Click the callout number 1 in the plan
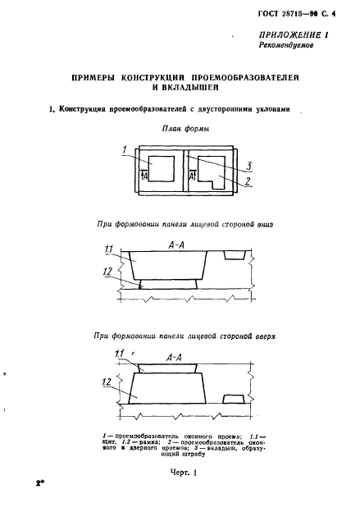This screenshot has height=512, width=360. [x=125, y=150]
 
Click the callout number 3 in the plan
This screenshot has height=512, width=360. [x=249, y=167]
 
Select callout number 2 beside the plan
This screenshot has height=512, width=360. [x=248, y=181]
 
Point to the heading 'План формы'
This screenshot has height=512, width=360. [x=185, y=129]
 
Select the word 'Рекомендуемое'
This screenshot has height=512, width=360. [x=286, y=45]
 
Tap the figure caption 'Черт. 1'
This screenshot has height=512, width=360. [x=184, y=472]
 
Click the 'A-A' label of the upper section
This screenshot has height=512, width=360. [x=176, y=245]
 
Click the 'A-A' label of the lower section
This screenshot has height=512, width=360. [x=174, y=358]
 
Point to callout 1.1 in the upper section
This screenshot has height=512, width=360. [x=108, y=249]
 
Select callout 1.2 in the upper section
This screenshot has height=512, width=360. [x=107, y=272]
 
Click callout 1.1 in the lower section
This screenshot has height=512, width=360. [x=120, y=354]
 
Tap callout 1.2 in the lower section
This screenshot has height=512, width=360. [x=107, y=382]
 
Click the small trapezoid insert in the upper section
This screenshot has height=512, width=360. [x=235, y=255]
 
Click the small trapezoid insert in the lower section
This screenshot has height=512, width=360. [x=234, y=399]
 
